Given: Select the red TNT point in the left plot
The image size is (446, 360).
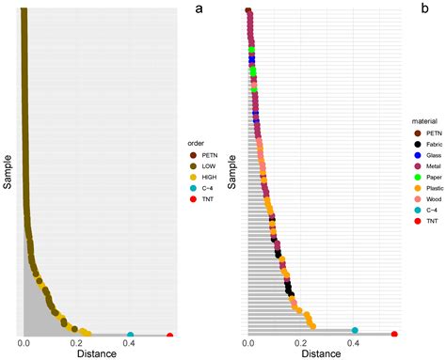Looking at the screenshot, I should tap(169, 336).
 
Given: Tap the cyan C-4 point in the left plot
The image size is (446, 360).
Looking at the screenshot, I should tap(130, 335).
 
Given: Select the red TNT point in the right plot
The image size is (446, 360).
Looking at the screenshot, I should tap(394, 335).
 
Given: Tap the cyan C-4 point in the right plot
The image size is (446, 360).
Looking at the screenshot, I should tap(355, 330).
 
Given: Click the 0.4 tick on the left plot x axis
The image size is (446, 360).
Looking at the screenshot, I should tap(129, 345).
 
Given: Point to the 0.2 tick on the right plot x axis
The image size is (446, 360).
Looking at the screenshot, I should tap(301, 345).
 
